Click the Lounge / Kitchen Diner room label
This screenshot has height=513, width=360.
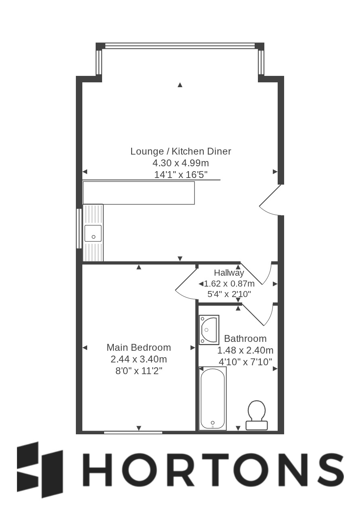point(180,151)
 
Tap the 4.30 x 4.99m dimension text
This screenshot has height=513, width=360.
point(180,163)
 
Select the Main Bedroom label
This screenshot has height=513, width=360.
point(139,348)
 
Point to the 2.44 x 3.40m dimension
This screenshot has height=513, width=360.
point(139,359)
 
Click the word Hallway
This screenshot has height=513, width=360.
point(229,273)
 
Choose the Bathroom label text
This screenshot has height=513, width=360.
point(245,339)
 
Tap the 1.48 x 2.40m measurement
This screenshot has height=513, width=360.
point(245,350)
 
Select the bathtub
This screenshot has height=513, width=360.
point(213,398)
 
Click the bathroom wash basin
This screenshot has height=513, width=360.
point(209,330)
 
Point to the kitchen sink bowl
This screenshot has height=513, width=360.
point(93,233)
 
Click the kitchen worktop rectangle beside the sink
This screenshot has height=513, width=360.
point(139,193)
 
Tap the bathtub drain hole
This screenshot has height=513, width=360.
point(213,423)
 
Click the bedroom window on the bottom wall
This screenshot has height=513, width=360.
point(133,432)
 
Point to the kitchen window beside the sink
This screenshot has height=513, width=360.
point(79,228)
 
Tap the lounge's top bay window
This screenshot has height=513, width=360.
point(180,46)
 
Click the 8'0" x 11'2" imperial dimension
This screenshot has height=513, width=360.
point(139,371)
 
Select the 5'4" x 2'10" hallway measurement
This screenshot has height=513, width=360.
point(229,294)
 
